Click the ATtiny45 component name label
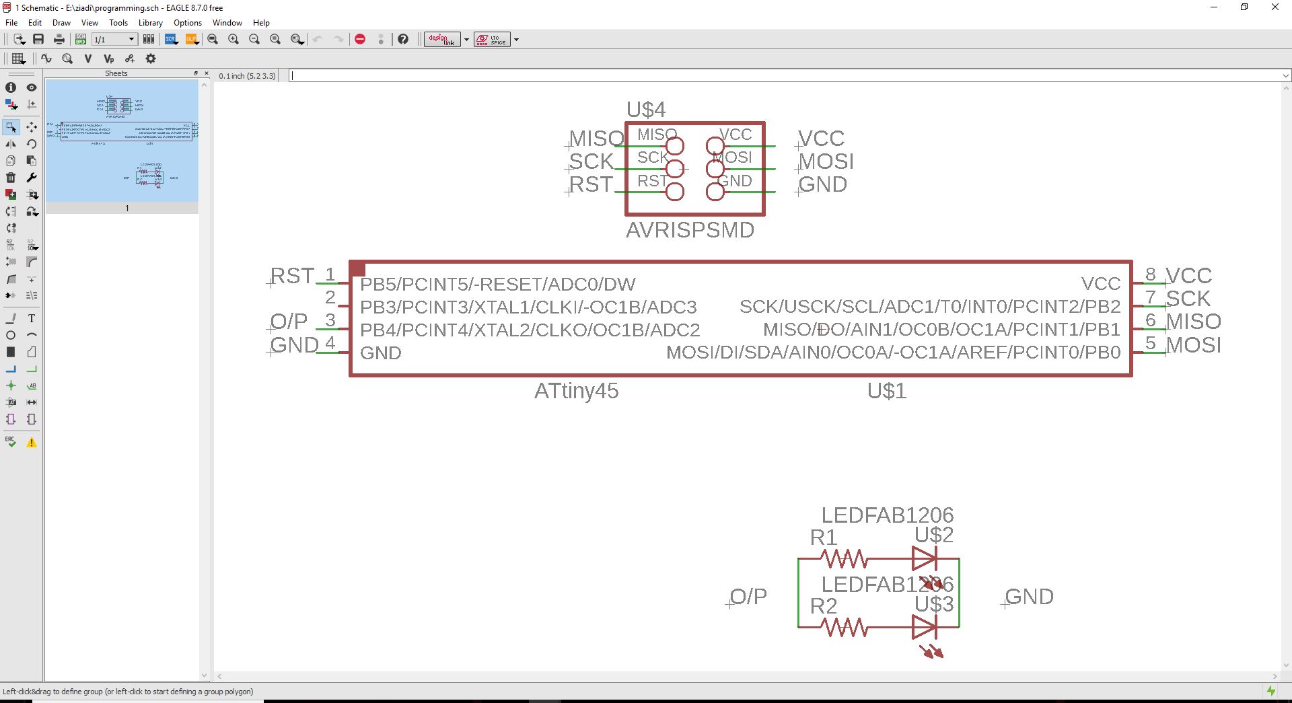(x=576, y=391)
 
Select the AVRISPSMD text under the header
(x=690, y=230)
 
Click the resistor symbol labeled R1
(x=844, y=558)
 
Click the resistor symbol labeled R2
(x=844, y=628)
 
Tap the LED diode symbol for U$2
(x=924, y=558)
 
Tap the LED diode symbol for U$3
(x=924, y=628)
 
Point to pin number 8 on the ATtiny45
(x=1151, y=274)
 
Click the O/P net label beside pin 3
(x=289, y=322)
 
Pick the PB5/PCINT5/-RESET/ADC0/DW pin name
(x=497, y=284)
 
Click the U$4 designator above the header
(x=645, y=109)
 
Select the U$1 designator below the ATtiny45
(x=886, y=391)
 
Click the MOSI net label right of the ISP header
(x=826, y=161)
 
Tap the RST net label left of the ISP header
(x=591, y=184)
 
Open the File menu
(x=11, y=22)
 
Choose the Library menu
(x=150, y=22)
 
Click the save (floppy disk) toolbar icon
(x=38, y=40)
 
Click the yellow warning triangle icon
(x=32, y=443)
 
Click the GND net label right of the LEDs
(x=1029, y=597)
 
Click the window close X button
(x=1275, y=7)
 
